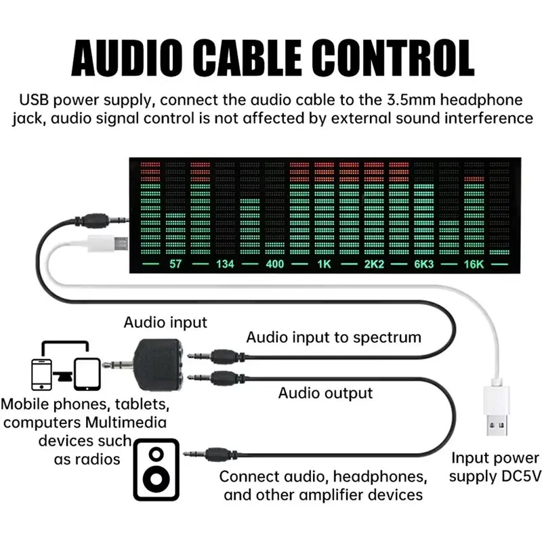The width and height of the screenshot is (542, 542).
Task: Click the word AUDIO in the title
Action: (127, 58)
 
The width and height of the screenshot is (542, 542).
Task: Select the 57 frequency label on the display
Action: (175, 264)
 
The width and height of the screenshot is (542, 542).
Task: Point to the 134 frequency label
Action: (225, 264)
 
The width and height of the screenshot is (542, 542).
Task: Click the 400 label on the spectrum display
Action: (275, 264)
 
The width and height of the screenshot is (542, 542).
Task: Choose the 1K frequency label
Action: (325, 264)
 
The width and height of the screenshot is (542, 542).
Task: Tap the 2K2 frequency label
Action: (374, 264)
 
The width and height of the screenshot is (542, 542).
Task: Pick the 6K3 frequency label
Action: (424, 264)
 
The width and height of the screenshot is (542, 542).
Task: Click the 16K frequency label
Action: (474, 264)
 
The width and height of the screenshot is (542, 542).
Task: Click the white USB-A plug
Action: (496, 409)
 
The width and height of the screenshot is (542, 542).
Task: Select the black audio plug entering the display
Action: (102, 220)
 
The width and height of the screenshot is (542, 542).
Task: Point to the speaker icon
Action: (157, 470)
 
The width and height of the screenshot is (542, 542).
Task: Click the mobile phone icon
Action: (41, 375)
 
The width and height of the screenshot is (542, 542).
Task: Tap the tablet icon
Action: (87, 375)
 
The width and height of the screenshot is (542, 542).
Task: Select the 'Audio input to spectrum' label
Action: (333, 337)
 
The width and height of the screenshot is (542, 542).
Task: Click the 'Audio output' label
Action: (325, 393)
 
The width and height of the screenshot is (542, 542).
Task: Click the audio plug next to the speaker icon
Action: (211, 454)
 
